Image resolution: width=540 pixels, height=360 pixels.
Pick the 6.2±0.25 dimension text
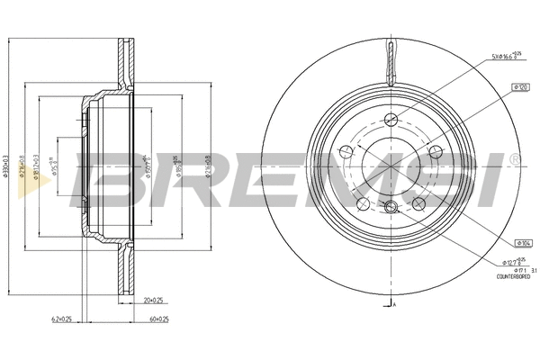[x=61, y=319]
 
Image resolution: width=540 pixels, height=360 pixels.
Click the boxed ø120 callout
[x=518, y=87]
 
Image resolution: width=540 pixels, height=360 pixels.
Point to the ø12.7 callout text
[x=511, y=260]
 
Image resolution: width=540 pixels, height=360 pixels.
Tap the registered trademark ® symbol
[x=514, y=158]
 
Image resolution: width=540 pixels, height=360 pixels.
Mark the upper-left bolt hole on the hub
[x=346, y=151]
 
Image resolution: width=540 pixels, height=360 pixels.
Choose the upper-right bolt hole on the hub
[x=436, y=151]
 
